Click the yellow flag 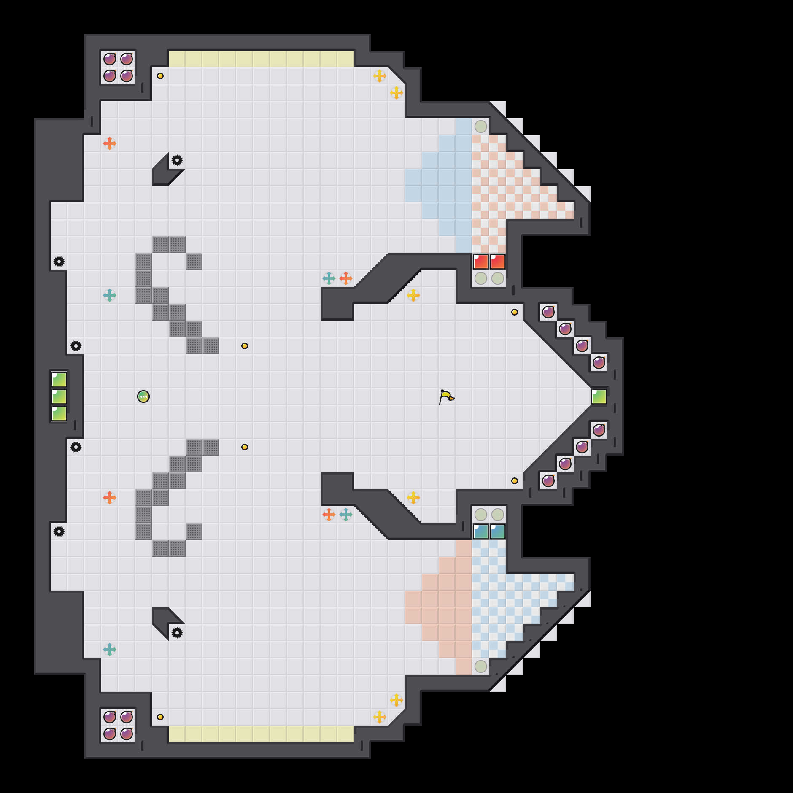point(446,396)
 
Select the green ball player point(143,396)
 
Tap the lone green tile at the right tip point(599,396)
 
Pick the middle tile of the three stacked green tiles point(59,396)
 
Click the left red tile point(481,262)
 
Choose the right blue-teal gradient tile point(498,531)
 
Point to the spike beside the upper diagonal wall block point(177,160)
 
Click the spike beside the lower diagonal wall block point(177,633)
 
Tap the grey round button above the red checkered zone point(481,127)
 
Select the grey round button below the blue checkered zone point(481,666)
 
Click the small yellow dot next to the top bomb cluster point(160,76)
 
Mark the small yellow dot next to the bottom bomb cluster point(160,717)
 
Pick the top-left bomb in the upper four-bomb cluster point(110,59)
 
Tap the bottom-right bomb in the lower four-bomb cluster point(127,734)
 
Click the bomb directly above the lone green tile point(599,363)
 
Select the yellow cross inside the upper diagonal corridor point(413,295)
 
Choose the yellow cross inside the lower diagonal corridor point(413,498)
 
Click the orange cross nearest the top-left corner point(110,143)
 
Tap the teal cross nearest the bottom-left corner point(110,650)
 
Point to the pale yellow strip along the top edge point(262,59)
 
